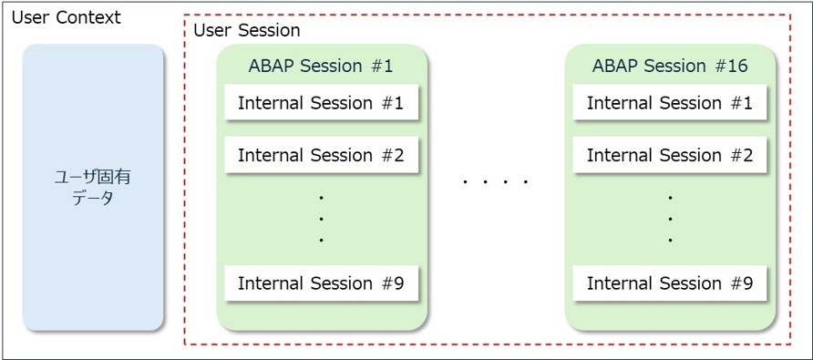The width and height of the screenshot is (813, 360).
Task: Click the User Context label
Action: point(66,18)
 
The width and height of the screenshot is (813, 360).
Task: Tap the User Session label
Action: point(247,31)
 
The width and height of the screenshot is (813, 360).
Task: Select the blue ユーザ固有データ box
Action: point(93,187)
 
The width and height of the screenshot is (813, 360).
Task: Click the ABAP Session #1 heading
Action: point(321,67)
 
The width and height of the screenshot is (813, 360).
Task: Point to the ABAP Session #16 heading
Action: point(670,67)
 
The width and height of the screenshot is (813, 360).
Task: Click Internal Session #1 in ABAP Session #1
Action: point(321,103)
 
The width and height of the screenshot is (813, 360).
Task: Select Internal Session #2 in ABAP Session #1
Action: point(321,155)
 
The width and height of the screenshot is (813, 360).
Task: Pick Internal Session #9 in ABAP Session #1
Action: point(321,283)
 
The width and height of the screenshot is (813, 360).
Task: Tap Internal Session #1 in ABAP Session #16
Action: point(670,103)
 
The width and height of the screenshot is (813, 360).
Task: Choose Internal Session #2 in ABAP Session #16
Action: point(670,155)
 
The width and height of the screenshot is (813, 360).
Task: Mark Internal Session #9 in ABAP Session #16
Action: point(670,283)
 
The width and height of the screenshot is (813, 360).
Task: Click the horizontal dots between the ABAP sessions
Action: point(496,181)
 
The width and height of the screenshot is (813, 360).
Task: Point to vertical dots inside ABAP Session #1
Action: point(322,219)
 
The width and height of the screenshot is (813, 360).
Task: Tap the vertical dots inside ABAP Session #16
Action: point(671,219)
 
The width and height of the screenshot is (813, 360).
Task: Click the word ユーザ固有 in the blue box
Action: point(93,178)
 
